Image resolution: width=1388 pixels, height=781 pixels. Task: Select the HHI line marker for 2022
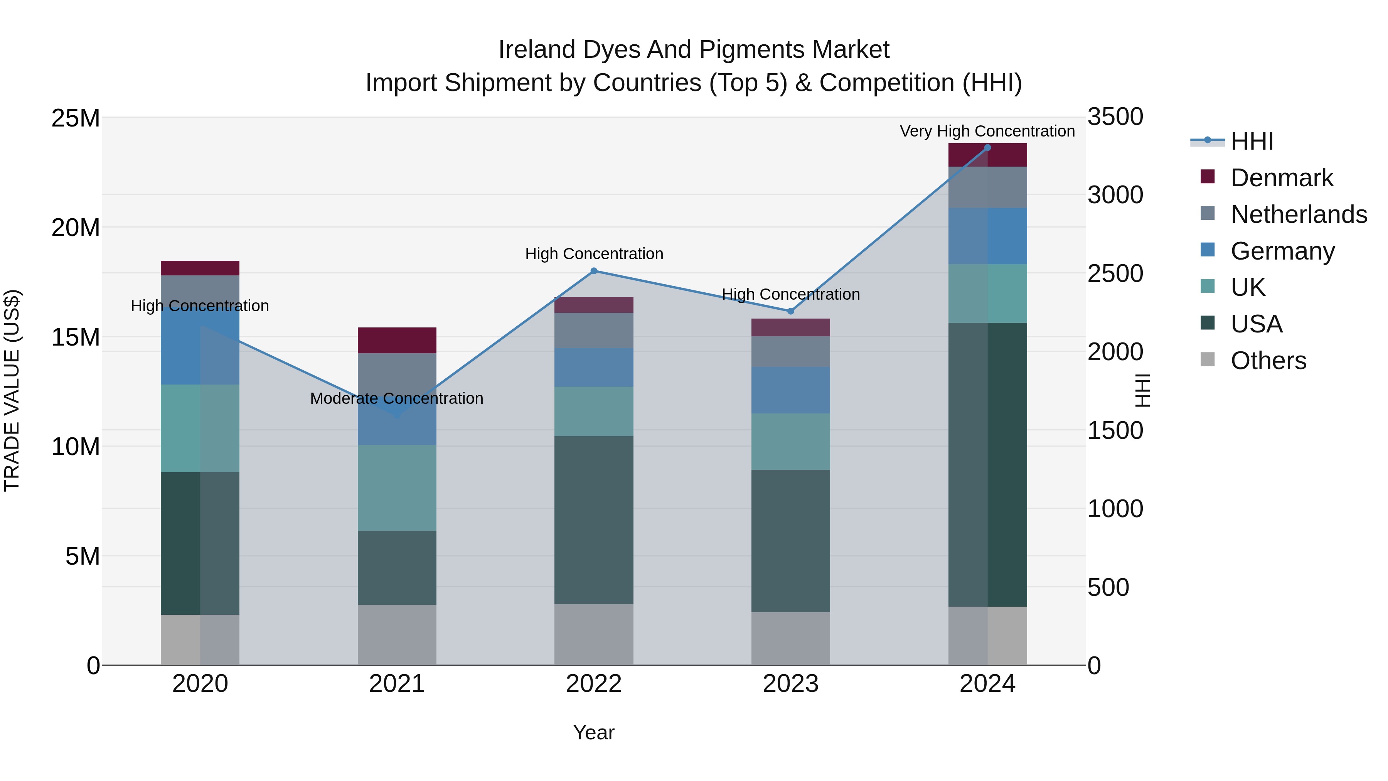[x=594, y=271]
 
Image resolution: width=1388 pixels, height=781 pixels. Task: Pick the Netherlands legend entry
[x=1299, y=214]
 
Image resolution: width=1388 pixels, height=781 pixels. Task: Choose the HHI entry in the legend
[x=1252, y=141]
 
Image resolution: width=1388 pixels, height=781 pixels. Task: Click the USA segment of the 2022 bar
[x=594, y=520]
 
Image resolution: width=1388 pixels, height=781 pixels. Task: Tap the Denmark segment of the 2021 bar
[x=397, y=340]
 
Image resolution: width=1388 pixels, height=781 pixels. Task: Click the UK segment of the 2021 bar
[x=397, y=488]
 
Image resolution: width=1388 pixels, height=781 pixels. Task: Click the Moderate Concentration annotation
[x=397, y=398]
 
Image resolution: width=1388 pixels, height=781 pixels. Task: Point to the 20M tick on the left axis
[x=76, y=228]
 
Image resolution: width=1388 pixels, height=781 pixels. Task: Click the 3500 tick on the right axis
[x=1115, y=117]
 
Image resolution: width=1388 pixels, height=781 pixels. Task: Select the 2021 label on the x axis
[x=397, y=684]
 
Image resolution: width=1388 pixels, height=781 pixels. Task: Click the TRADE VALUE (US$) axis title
[x=12, y=390]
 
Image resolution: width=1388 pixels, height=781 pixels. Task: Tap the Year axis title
[x=594, y=732]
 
